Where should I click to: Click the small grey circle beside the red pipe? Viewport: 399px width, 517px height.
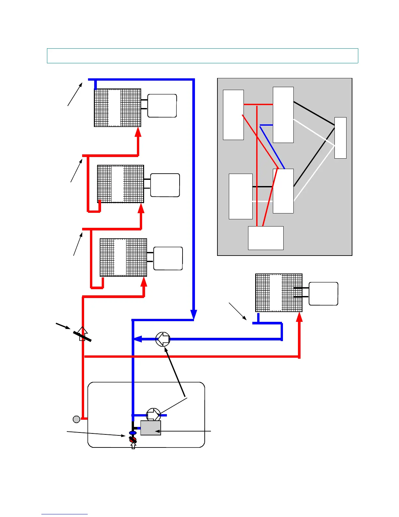(x=76, y=419)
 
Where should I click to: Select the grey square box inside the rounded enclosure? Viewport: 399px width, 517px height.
(x=151, y=428)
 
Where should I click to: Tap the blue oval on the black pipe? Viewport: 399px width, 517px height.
(x=133, y=433)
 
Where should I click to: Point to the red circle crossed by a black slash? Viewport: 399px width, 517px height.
(x=133, y=440)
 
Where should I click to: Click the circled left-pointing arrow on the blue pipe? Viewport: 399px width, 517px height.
(x=163, y=339)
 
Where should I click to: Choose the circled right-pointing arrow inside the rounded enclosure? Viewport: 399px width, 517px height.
(x=153, y=415)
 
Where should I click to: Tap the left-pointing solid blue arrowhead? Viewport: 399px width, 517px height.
(x=138, y=339)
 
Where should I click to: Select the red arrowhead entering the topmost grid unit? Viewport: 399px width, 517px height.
(x=138, y=132)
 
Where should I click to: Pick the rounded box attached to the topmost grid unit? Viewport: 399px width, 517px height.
(x=162, y=106)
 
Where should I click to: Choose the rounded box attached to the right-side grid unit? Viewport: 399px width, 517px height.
(x=323, y=294)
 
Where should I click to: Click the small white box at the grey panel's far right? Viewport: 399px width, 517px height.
(x=340, y=138)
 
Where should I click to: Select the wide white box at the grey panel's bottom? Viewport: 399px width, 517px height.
(x=266, y=238)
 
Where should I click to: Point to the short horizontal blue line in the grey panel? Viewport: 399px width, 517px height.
(x=266, y=125)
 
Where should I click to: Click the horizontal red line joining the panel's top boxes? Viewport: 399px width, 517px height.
(x=258, y=104)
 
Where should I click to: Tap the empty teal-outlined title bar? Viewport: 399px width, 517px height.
(x=202, y=56)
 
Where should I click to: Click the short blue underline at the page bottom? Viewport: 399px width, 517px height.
(x=65, y=514)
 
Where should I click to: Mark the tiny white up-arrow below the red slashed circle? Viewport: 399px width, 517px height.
(x=133, y=446)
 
